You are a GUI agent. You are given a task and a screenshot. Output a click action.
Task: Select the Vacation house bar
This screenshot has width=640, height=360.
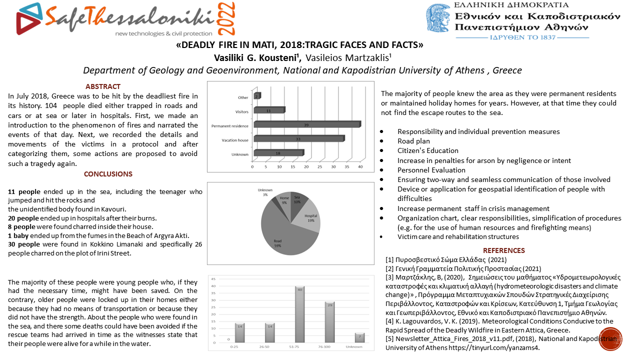(x=299, y=138)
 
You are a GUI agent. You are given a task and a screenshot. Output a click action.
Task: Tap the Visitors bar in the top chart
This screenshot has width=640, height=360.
(x=269, y=110)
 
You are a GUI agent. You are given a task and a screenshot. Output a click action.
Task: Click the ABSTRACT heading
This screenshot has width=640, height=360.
(x=103, y=86)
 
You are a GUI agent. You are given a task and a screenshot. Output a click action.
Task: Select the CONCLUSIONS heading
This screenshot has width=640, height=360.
(x=108, y=174)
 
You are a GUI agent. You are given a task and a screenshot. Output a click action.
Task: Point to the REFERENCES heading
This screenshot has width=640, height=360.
(x=503, y=250)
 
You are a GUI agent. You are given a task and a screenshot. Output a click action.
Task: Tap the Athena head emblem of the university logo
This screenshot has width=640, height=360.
(x=439, y=20)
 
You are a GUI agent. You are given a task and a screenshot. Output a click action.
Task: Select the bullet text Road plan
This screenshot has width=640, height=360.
(x=413, y=141)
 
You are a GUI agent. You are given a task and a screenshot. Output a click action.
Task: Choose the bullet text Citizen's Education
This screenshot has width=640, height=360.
(x=427, y=150)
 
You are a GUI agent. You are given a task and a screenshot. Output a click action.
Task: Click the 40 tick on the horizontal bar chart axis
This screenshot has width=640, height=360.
(x=360, y=166)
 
